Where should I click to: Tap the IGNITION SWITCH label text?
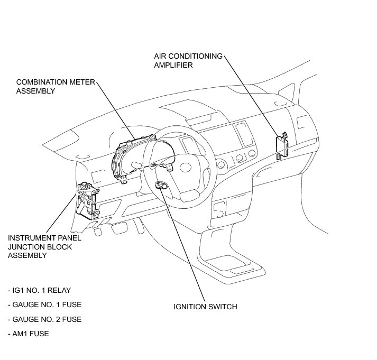[x=205, y=307]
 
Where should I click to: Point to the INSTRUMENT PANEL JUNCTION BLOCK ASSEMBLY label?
[x=44, y=246]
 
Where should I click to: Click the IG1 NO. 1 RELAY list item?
[x=39, y=291]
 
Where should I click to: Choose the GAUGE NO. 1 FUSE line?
[x=44, y=305]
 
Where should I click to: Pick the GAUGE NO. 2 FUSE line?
[x=44, y=319]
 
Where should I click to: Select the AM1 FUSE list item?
[x=29, y=334]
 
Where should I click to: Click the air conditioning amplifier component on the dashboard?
[x=281, y=144]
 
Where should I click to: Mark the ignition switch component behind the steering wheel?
[x=160, y=184]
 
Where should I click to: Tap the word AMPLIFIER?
[x=173, y=65]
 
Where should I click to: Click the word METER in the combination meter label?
[x=69, y=82]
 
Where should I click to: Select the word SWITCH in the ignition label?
[x=222, y=307]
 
